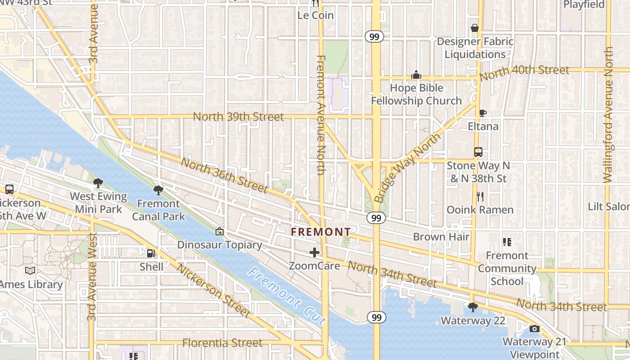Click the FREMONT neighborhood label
(x=320, y=232)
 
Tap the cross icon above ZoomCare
(x=315, y=252)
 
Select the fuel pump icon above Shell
(x=151, y=254)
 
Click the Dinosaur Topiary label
(x=220, y=245)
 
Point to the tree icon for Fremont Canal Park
(x=158, y=190)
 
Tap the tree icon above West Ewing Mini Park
(x=98, y=183)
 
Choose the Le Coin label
(x=315, y=15)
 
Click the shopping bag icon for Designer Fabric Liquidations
(x=474, y=28)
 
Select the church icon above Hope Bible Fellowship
(x=416, y=74)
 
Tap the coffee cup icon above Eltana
(x=483, y=113)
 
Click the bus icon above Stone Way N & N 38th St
(x=478, y=152)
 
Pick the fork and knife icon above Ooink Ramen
(x=480, y=196)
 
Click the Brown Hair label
(x=441, y=237)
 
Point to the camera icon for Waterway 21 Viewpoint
(x=534, y=328)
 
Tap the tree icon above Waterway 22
(x=472, y=307)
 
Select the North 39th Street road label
(x=238, y=117)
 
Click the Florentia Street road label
(x=222, y=343)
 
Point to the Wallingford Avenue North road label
(x=608, y=115)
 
